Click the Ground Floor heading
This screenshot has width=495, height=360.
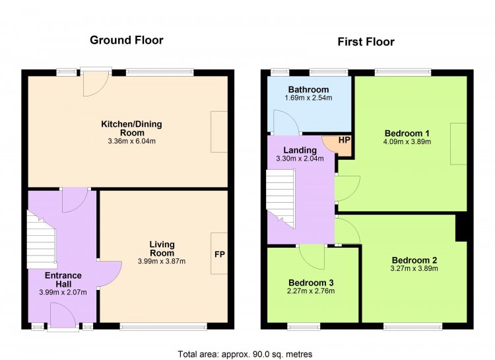127,40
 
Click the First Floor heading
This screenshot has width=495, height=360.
366,42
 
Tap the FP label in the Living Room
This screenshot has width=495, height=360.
220,254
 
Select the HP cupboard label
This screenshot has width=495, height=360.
345,139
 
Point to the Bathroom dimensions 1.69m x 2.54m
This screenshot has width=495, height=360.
308,98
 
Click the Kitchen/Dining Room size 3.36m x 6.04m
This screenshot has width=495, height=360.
131,141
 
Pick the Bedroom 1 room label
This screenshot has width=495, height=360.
407,133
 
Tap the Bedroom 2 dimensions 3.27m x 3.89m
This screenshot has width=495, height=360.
414,269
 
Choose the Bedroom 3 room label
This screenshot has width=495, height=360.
311,283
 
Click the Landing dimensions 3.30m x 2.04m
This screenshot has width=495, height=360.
300,159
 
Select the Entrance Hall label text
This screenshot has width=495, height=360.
63,279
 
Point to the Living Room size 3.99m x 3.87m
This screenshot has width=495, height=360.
162,262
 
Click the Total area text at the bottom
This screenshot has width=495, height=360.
245,354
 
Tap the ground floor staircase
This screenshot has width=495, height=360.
42,240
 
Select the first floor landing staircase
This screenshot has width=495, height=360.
280,198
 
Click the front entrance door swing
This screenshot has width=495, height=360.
62,315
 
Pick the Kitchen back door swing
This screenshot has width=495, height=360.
96,85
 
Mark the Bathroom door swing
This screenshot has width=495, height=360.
286,122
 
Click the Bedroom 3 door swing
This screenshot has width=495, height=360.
312,257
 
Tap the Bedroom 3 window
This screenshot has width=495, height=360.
304,326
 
